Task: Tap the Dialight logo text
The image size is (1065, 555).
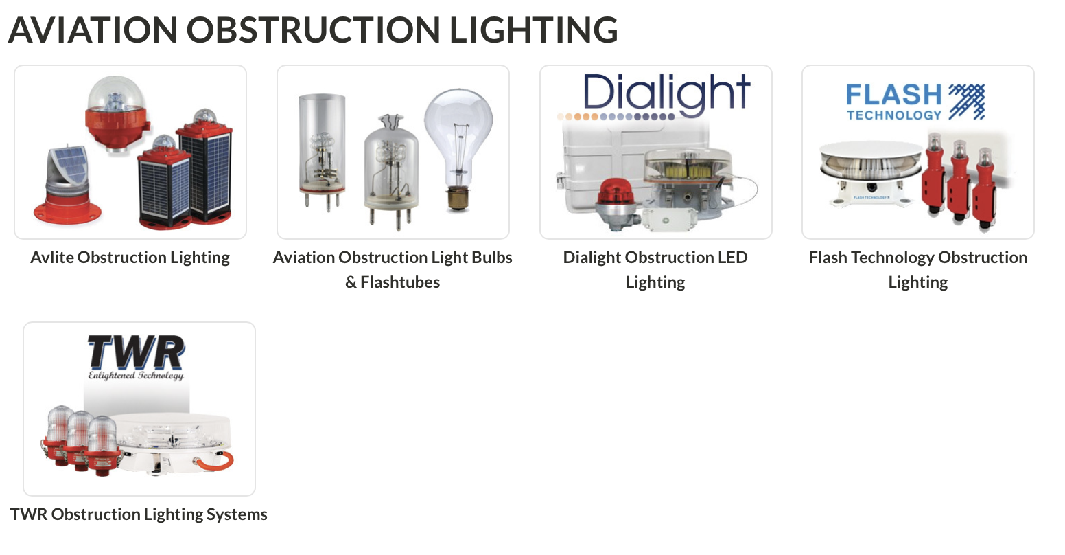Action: pyautogui.click(x=666, y=93)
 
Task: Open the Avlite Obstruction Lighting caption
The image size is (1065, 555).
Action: pyautogui.click(x=130, y=258)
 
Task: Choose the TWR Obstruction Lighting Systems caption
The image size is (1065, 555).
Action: pyautogui.click(x=139, y=514)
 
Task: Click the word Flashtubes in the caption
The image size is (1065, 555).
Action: pyautogui.click(x=400, y=282)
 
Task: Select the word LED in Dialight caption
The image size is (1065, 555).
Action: pyautogui.click(x=732, y=258)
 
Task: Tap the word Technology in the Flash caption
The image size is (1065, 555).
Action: pyautogui.click(x=892, y=258)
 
